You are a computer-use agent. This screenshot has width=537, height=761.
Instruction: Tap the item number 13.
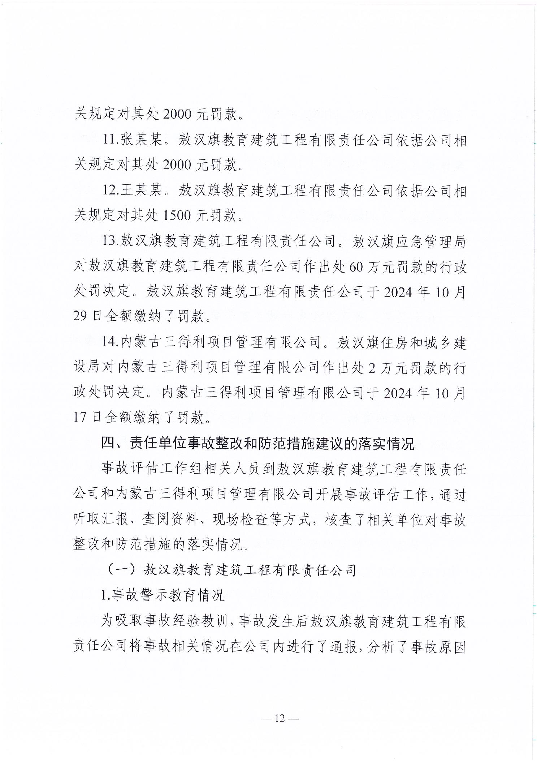[109, 241]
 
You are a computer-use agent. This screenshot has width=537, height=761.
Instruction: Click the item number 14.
[109, 342]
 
